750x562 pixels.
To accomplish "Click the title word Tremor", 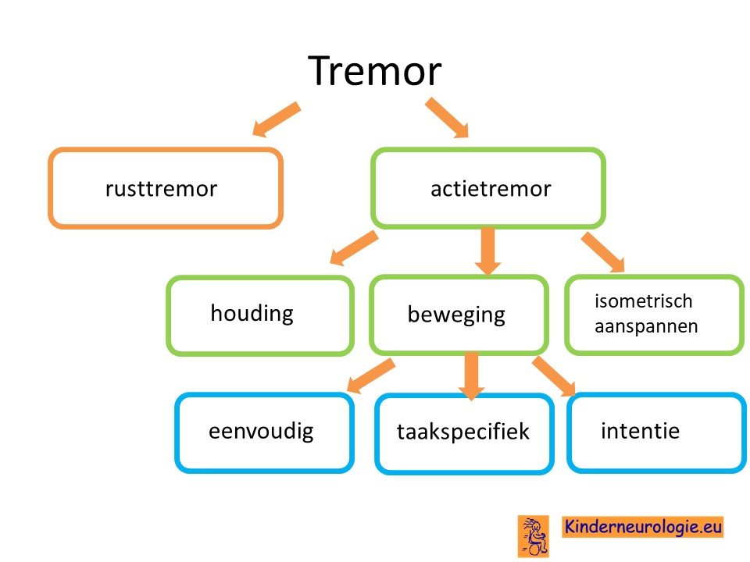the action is pyautogui.click(x=374, y=71).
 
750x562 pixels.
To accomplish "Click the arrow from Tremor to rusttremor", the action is pyautogui.click(x=276, y=119).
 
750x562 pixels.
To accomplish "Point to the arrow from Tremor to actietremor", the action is pyautogui.click(x=447, y=118).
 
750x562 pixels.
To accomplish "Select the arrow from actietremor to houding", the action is pyautogui.click(x=354, y=247).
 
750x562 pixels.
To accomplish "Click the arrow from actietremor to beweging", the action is pyautogui.click(x=487, y=252).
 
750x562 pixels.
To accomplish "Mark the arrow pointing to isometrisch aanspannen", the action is pyautogui.click(x=604, y=253).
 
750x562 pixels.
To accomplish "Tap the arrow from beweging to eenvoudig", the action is pyautogui.click(x=371, y=375).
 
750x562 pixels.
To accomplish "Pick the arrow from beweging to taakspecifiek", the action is pyautogui.click(x=471, y=376).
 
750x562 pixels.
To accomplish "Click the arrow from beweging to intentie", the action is pyautogui.click(x=554, y=376).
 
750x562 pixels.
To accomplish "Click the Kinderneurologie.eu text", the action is pyautogui.click(x=643, y=527).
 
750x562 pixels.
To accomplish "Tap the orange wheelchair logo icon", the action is pyautogui.click(x=534, y=536).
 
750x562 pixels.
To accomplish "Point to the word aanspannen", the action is pyautogui.click(x=646, y=327).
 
